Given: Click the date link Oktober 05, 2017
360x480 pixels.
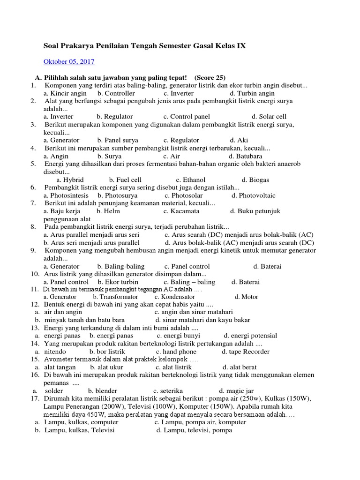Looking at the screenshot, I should (69, 61).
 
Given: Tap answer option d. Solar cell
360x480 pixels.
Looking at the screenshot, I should (269, 116).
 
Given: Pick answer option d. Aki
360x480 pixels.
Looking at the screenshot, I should (239, 140).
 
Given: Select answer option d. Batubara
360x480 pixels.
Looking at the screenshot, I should (245, 156).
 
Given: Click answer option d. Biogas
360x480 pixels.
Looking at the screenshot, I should (255, 180).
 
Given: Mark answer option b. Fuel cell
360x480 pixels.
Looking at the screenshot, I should (125, 180).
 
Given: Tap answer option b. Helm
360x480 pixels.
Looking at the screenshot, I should (108, 211).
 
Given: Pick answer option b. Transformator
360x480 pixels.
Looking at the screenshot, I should (115, 297).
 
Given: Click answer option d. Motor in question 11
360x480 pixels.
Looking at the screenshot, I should (247, 297).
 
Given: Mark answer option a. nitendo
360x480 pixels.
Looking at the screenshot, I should (55, 352).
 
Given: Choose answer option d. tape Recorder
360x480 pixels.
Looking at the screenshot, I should (246, 352).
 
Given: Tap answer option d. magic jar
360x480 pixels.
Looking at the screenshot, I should (236, 390).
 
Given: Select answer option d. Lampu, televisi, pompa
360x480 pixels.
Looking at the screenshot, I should (194, 430).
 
